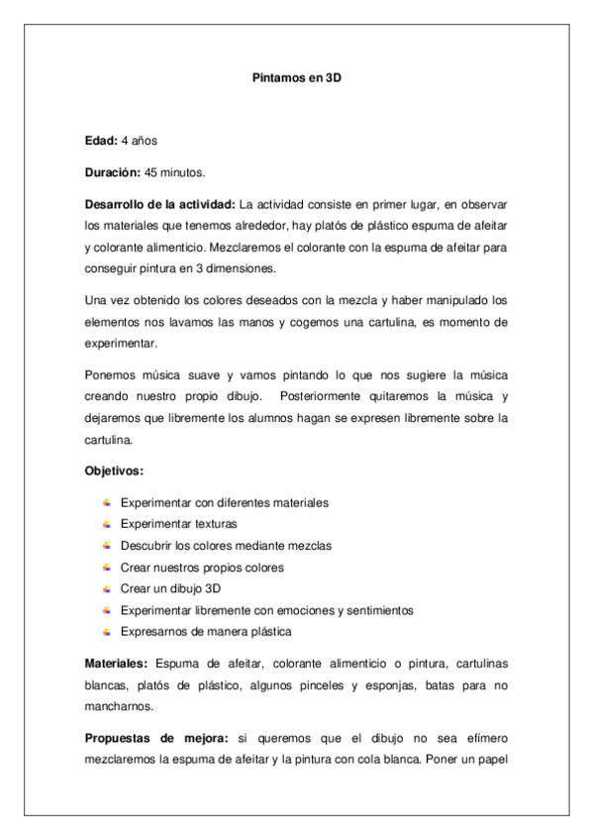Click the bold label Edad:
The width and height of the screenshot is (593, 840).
(x=101, y=142)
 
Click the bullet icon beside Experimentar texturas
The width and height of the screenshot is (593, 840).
(x=107, y=523)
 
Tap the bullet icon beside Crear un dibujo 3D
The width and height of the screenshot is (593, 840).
(x=107, y=587)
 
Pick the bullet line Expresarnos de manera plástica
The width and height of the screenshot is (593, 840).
(x=205, y=631)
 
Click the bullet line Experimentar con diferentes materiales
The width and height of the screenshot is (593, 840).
(x=224, y=502)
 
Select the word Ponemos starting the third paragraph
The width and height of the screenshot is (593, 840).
(x=110, y=374)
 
